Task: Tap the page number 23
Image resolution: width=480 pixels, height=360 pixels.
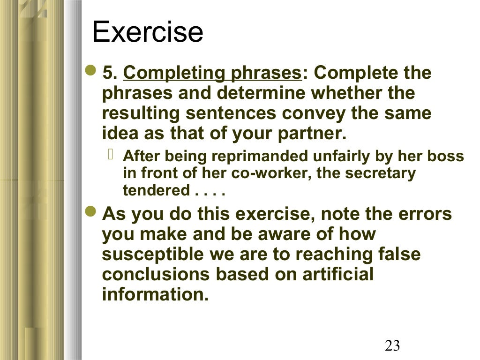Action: tap(392, 346)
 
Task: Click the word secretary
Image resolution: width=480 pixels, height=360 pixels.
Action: tap(382, 173)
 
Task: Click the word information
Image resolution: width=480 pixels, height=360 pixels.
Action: tap(155, 295)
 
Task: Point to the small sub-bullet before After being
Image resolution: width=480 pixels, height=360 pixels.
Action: tap(112, 155)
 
